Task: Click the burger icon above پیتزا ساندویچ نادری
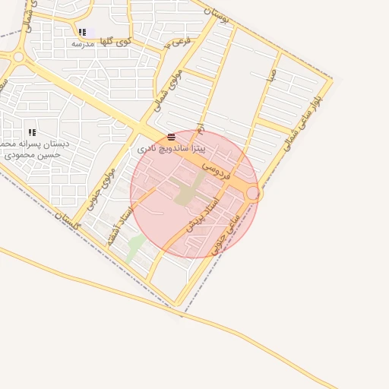click(172, 137)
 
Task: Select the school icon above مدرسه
click(82, 32)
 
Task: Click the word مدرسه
click(82, 44)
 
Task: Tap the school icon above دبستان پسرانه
click(32, 132)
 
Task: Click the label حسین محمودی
click(32, 154)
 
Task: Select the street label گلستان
click(69, 221)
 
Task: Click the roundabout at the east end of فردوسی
click(253, 194)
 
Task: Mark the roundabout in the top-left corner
click(18, 57)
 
